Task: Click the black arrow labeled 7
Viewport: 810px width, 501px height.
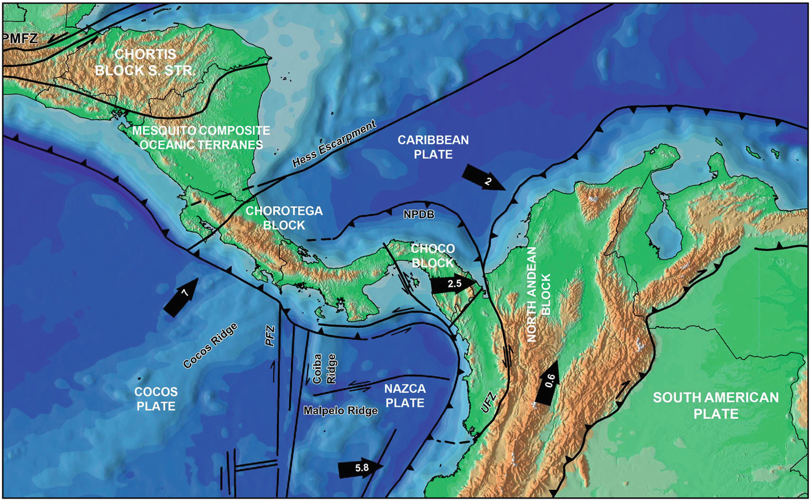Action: [x=182, y=298]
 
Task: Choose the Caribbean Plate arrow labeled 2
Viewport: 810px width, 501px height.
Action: [x=483, y=178]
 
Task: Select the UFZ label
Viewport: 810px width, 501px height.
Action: [x=486, y=404]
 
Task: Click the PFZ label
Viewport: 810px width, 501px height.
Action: [x=270, y=338]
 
